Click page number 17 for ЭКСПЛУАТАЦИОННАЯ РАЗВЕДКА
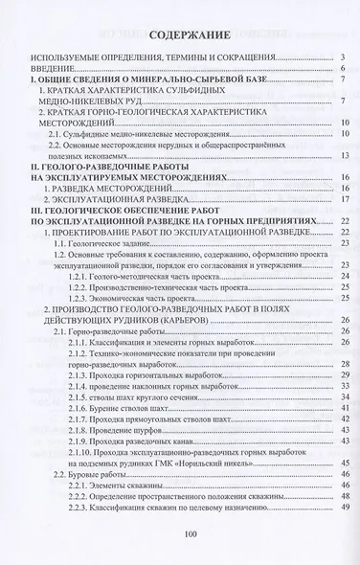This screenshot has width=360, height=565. [341, 200]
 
